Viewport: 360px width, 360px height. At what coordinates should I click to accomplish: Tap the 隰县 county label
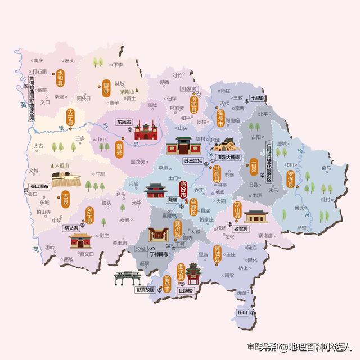click(x=106, y=89)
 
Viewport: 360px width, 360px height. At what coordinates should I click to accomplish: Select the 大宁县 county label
click(x=70, y=118)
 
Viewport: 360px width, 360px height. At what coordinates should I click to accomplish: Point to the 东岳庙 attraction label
click(x=124, y=122)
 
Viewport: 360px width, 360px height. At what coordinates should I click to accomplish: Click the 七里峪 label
click(x=258, y=98)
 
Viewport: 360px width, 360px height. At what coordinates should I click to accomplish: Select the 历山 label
click(x=242, y=312)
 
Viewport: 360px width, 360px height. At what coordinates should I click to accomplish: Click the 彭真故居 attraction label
click(x=145, y=290)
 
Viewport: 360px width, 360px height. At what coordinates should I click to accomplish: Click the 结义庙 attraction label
click(x=72, y=228)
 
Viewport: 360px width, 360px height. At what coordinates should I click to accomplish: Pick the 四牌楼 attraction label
click(x=184, y=290)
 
